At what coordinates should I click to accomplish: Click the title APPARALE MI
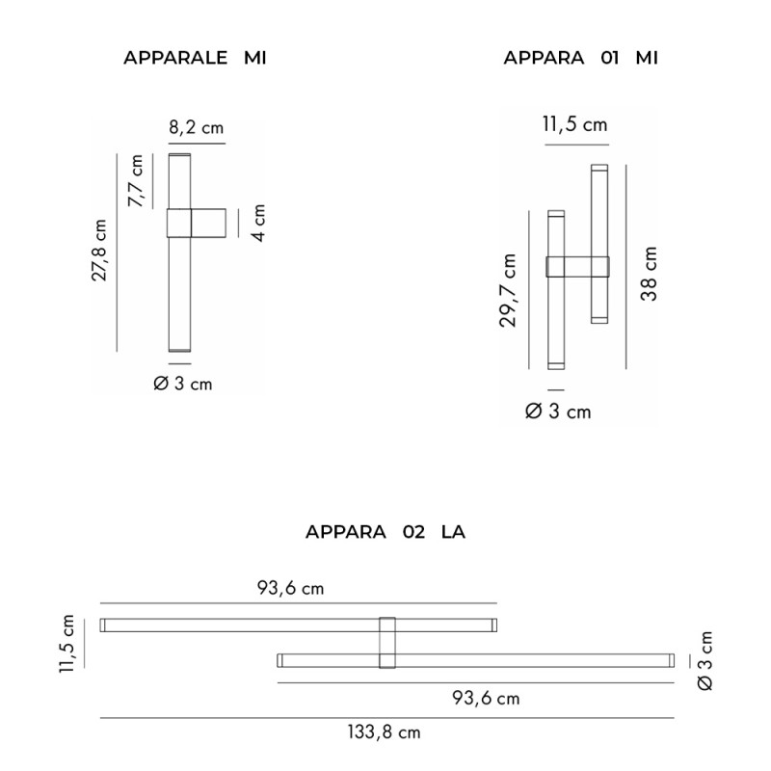tap(195, 58)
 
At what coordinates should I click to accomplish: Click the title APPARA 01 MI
tap(581, 58)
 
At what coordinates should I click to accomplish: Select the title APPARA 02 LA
tap(385, 531)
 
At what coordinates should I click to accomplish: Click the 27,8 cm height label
tap(98, 251)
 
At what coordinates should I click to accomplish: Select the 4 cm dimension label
tap(258, 223)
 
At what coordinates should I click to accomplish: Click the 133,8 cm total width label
tap(384, 732)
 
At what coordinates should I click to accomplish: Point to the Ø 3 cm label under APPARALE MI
tap(183, 384)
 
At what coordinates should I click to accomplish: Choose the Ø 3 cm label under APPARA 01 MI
tap(558, 412)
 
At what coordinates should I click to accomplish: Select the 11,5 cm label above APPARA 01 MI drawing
tap(574, 124)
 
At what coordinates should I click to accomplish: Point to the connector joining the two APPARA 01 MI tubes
tap(577, 267)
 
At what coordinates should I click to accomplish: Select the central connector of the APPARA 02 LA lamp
tap(387, 642)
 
